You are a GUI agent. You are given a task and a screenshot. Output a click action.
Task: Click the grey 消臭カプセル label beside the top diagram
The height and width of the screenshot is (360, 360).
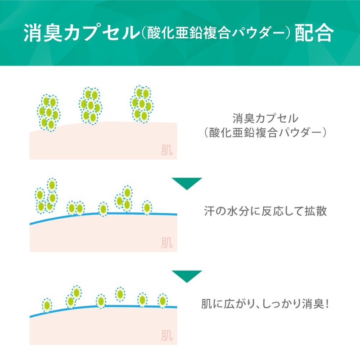click(265, 119)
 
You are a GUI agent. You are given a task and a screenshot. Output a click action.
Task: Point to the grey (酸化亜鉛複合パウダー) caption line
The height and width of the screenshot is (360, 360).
click(265, 133)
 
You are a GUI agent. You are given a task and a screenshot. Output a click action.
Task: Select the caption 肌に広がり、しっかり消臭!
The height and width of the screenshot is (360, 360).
click(265, 304)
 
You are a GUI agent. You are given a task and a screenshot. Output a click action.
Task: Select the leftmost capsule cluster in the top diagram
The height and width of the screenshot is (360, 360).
click(49, 112)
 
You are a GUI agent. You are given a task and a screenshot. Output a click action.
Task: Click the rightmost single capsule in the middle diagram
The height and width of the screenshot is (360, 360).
click(147, 207)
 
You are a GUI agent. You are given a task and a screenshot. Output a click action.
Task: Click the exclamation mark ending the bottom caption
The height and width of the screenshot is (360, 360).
click(327, 304)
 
